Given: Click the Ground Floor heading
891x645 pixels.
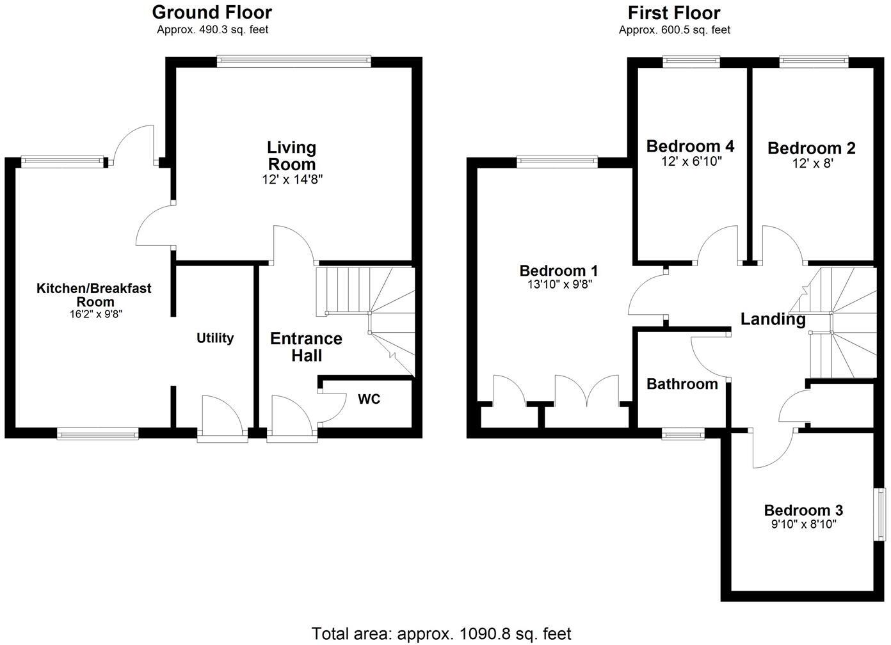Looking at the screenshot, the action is (212, 12).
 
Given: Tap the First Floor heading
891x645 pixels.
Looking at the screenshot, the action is (674, 13).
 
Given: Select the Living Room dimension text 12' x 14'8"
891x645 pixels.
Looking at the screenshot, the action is (292, 180).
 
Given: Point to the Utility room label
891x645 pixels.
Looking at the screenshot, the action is (215, 338).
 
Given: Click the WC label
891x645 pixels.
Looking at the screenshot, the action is (369, 399).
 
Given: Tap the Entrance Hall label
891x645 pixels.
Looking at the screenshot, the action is (306, 347).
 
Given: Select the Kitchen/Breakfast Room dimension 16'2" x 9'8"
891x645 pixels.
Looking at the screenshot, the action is (96, 314).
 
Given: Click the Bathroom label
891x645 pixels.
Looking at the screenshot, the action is (682, 384).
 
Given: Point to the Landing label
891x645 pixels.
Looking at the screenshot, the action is (773, 319).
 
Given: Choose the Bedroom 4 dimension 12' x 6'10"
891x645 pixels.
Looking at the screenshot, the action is (691, 161).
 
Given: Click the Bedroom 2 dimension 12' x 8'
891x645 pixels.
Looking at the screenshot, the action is (813, 163).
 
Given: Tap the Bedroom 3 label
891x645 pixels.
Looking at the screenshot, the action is (803, 510).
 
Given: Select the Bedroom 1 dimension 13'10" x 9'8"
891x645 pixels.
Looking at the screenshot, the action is (559, 284).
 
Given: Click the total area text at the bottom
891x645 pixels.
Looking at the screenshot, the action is (441, 633).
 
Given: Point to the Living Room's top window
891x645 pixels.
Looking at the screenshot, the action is (294, 61).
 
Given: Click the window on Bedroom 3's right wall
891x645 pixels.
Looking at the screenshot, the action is (880, 514).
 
